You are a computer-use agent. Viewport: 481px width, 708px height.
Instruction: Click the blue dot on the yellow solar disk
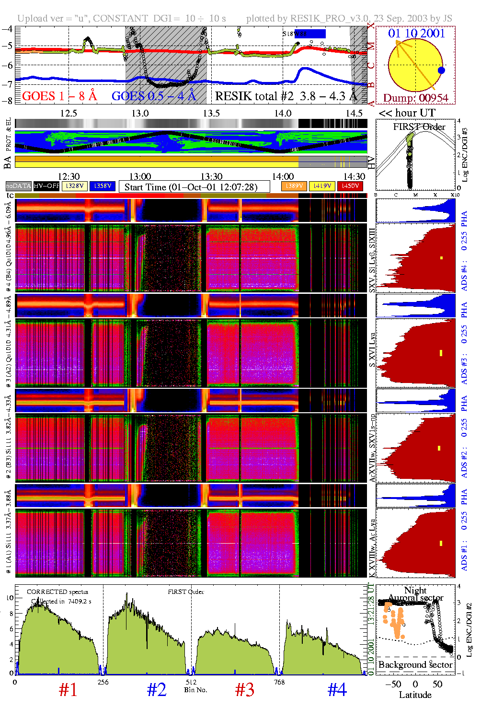click(441, 70)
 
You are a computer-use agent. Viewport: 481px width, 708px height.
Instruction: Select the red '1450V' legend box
click(350, 186)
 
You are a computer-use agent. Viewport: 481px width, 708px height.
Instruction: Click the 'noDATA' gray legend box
click(18, 186)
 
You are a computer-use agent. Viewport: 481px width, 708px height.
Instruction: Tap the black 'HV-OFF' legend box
click(46, 186)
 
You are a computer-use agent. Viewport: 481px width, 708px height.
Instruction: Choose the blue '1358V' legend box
click(102, 186)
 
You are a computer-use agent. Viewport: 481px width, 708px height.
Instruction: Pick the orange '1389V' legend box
click(294, 186)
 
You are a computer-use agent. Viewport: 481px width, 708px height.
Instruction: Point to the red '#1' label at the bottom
click(68, 690)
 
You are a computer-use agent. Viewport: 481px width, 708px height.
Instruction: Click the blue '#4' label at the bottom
click(337, 690)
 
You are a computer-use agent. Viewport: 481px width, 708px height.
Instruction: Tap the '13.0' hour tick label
click(140, 113)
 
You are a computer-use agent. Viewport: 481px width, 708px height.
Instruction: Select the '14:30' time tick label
click(354, 177)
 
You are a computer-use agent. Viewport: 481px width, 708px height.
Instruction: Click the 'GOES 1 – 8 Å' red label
click(59, 96)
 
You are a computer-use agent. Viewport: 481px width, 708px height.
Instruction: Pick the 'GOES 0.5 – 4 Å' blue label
click(154, 96)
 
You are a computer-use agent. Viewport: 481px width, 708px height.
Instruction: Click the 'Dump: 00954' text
click(415, 98)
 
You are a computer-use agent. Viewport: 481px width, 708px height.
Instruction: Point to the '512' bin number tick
click(191, 682)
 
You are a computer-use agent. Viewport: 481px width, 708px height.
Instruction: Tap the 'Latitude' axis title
click(415, 695)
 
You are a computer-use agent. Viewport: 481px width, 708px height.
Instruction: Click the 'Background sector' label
click(415, 665)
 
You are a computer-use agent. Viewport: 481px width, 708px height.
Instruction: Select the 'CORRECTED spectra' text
click(57, 592)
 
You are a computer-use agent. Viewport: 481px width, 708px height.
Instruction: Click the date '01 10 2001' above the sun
click(416, 33)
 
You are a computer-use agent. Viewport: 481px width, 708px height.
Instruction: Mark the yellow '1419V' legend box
click(322, 186)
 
